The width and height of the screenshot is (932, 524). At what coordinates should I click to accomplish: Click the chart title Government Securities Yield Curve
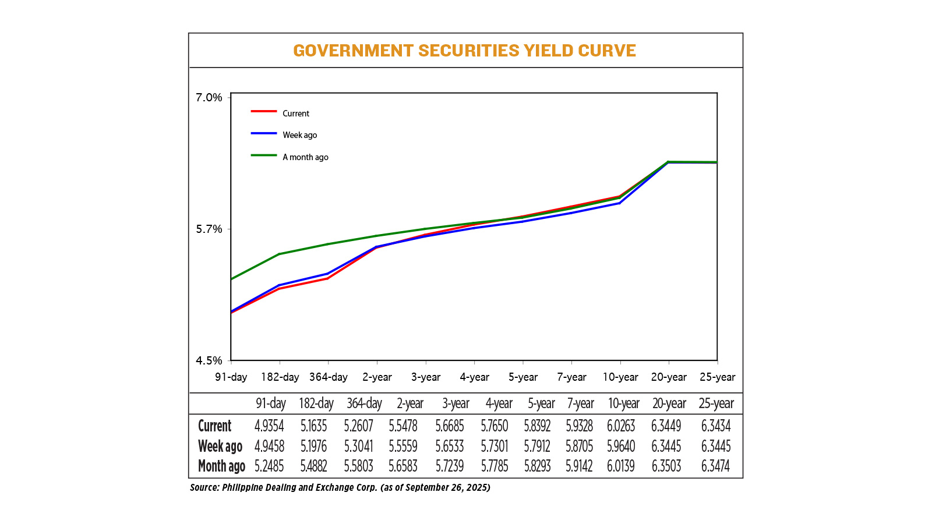click(464, 51)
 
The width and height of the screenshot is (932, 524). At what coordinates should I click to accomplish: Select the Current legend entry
click(295, 114)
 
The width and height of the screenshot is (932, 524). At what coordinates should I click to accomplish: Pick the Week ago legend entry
click(299, 135)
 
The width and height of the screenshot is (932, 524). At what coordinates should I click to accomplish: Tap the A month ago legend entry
click(305, 157)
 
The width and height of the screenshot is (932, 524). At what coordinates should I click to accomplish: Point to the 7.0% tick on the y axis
click(209, 97)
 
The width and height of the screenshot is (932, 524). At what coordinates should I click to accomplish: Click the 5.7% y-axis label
click(209, 229)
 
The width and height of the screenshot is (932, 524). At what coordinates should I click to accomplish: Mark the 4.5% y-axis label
click(209, 361)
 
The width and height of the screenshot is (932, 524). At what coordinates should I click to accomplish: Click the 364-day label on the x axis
click(328, 377)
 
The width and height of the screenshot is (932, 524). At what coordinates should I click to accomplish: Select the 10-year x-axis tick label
click(620, 377)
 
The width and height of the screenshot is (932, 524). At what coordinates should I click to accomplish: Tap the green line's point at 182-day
click(280, 254)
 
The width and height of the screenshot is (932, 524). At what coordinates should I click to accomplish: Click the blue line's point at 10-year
click(620, 203)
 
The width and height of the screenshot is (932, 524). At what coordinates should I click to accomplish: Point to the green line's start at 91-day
click(232, 279)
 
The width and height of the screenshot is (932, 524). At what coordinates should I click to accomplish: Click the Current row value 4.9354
click(269, 426)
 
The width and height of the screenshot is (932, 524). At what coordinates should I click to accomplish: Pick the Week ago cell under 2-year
click(403, 447)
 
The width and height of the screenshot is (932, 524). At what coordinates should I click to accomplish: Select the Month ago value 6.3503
click(666, 466)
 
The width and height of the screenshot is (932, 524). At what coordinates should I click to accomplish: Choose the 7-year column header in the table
click(580, 403)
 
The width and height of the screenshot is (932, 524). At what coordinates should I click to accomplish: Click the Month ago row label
click(221, 466)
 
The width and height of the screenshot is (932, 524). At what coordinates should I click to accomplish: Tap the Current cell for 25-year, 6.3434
click(715, 426)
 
